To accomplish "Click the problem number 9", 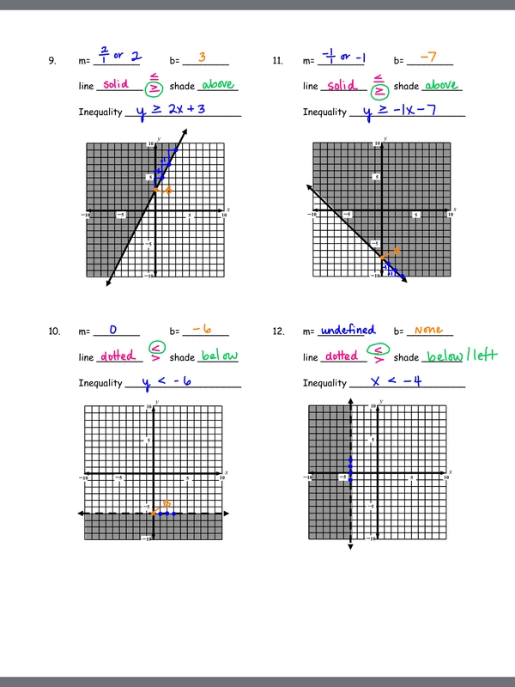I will tap(52, 61).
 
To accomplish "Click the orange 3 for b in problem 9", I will tap(202, 58).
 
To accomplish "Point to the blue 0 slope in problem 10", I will tap(112, 329).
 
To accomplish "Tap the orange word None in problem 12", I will tap(428, 329).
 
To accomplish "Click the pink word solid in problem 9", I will tap(115, 84).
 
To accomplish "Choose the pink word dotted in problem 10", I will tap(118, 356).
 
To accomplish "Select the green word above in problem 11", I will tap(441, 84).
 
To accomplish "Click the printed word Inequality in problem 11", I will tap(324, 112).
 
